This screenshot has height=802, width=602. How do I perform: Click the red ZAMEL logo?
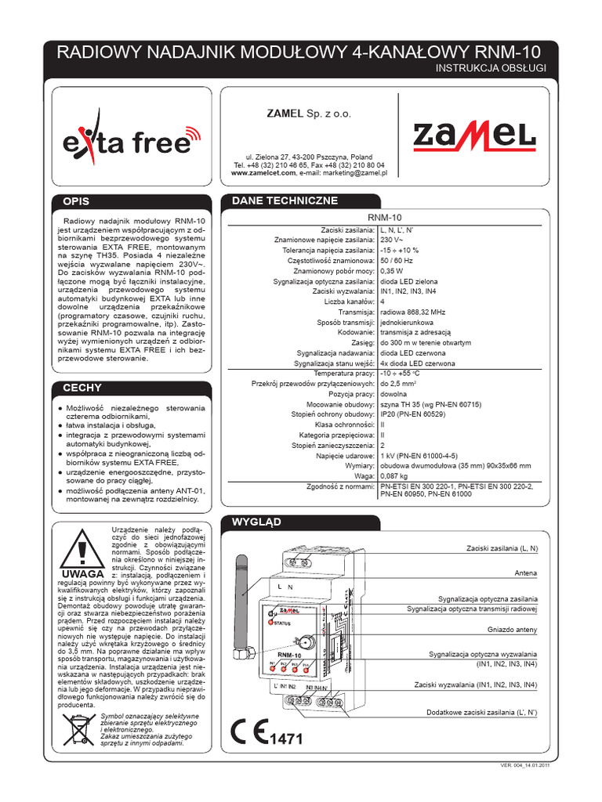tap(475, 138)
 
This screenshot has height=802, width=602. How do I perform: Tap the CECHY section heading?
tap(83, 388)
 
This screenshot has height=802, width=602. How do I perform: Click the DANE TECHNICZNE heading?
tap(274, 201)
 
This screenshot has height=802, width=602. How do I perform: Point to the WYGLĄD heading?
tap(253, 521)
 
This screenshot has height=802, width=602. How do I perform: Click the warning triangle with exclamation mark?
tap(81, 549)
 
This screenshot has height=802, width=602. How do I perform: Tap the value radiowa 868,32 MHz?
tap(412, 312)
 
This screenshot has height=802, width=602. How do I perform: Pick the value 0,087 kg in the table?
tap(393, 475)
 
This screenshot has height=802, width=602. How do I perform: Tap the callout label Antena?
tap(525, 573)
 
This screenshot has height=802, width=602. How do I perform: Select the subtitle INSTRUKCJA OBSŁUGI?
tap(490, 69)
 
